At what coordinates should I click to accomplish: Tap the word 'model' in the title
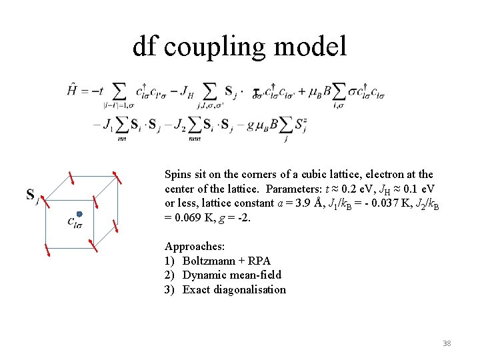tap(314, 47)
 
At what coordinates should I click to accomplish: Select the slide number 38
tap(447, 343)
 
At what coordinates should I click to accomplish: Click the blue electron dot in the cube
tap(79, 214)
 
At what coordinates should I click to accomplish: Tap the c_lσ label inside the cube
tap(75, 223)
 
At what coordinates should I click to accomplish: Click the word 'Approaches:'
tap(195, 247)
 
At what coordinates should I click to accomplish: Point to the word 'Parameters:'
tap(295, 189)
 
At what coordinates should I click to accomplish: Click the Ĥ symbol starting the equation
tap(74, 89)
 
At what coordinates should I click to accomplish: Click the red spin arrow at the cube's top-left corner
tap(70, 180)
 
